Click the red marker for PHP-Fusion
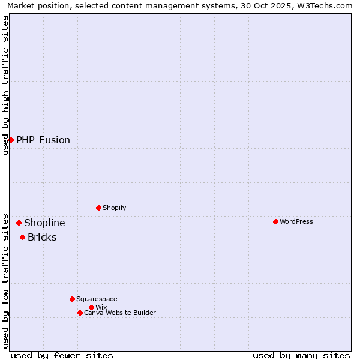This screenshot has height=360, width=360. [11, 140]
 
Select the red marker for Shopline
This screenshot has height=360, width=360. [19, 223]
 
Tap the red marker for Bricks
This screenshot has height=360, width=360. [22, 237]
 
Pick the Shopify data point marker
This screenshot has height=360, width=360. [98, 208]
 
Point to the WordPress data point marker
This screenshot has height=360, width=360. [275, 221]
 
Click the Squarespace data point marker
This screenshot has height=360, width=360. [72, 299]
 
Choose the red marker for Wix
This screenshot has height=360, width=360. [91, 307]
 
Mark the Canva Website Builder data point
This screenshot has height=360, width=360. [80, 313]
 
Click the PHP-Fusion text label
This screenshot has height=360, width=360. [43, 140]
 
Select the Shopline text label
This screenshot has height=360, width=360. [44, 223]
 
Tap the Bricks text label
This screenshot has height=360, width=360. [42, 237]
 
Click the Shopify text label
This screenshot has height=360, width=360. [114, 208]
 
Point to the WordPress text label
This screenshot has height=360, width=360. [296, 221]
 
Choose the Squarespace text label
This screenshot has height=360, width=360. [97, 299]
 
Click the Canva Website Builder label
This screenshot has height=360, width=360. [120, 313]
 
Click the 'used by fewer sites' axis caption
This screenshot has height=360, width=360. [62, 355]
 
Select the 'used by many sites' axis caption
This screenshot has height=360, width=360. [301, 355]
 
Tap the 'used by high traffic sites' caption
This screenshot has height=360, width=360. [5, 85]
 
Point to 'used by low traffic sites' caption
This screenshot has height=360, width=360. [5, 280]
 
